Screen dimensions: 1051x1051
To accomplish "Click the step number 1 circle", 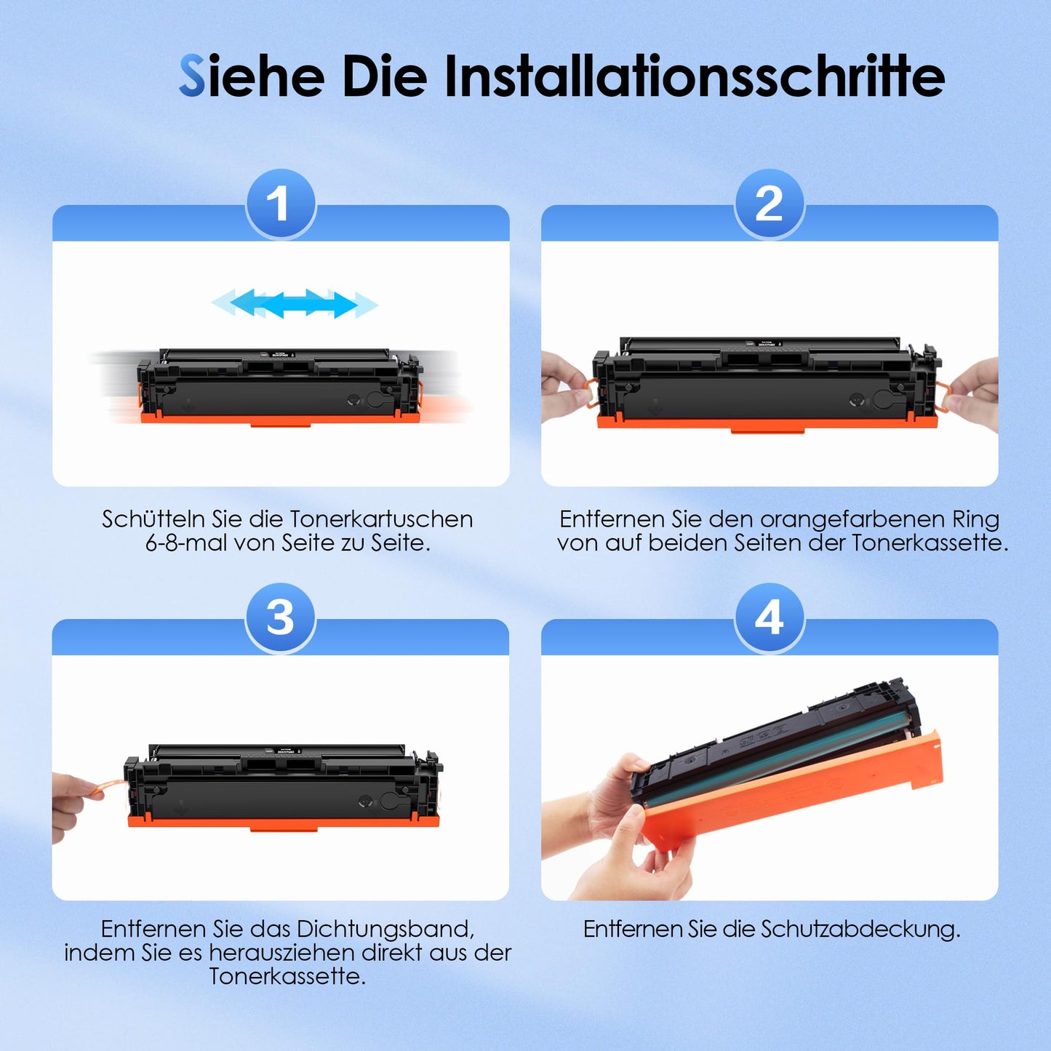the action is click(281, 204).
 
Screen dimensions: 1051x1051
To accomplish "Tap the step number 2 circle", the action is click(769, 204).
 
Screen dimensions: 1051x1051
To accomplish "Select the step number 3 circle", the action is click(280, 618).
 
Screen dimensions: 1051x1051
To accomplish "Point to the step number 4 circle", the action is click(769, 618).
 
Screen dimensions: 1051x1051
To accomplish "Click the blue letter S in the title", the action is click(192, 75).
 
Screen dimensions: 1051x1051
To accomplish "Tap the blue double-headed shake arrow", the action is click(295, 303).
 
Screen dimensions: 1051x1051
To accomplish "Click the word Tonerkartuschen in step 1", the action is click(381, 519).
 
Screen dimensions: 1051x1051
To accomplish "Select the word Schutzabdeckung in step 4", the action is click(860, 930).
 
